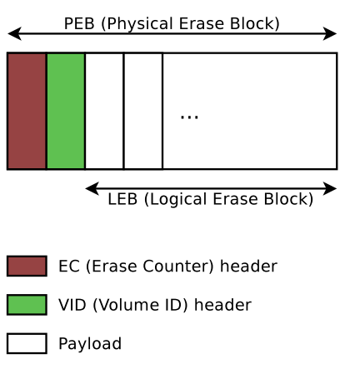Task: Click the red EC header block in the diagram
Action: [27, 111]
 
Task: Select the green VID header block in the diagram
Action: [66, 111]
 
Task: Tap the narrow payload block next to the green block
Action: [104, 111]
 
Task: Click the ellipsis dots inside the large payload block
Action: [189, 117]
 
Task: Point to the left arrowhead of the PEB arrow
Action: [14, 33]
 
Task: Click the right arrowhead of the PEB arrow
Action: [330, 33]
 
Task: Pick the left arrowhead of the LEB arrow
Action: [92, 188]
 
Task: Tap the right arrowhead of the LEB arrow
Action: [330, 188]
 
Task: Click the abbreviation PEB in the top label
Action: [79, 23]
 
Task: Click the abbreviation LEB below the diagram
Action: [122, 199]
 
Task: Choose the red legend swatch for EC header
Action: [27, 266]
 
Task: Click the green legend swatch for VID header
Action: [27, 305]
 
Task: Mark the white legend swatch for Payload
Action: [27, 343]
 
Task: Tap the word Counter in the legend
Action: [178, 267]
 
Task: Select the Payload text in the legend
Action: [90, 344]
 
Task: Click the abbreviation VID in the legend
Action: [72, 305]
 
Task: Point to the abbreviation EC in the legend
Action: [69, 267]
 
